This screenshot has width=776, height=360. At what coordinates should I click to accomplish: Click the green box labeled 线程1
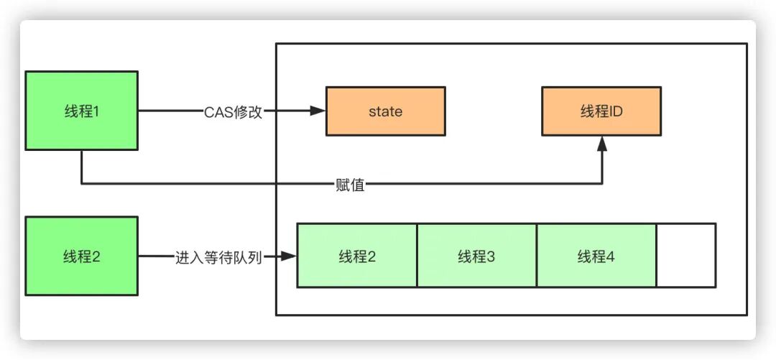(x=81, y=111)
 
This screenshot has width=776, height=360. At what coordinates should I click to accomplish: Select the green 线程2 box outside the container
(x=81, y=256)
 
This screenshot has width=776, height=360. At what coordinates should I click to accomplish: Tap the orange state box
(x=385, y=111)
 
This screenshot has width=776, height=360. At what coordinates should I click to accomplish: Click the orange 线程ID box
(x=601, y=111)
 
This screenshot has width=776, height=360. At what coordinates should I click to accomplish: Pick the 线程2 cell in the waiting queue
(x=357, y=256)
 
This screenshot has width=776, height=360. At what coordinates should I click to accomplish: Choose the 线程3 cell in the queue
(x=476, y=256)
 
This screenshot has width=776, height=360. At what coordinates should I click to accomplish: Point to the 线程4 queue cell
(x=596, y=256)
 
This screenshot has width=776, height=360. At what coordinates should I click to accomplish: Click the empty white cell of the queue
(x=685, y=256)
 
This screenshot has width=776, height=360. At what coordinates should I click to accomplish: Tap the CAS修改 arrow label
(x=232, y=111)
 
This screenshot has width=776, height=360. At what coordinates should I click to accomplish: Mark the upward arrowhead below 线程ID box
(x=602, y=144)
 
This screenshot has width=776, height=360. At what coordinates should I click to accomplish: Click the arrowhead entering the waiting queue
(x=290, y=256)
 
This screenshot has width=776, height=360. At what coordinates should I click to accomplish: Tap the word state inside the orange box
(x=385, y=111)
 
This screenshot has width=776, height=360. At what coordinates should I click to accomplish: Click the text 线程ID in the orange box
(x=601, y=111)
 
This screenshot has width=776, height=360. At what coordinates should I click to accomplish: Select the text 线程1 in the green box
(x=81, y=111)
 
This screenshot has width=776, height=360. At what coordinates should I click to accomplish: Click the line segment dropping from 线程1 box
(x=81, y=167)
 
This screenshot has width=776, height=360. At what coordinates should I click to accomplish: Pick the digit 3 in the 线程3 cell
(x=491, y=257)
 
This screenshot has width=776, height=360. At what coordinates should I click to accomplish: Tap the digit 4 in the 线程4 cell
(x=611, y=257)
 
